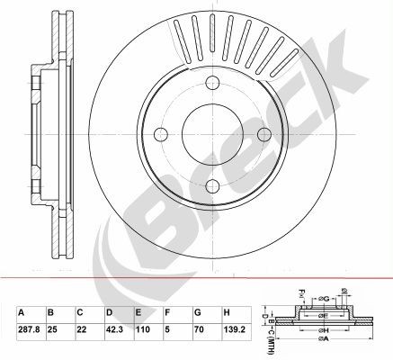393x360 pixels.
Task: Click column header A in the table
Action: point(21,313)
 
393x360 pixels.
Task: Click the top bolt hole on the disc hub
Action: point(213,84)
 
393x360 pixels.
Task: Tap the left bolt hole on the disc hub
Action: point(162,134)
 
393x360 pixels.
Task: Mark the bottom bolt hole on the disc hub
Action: point(213,185)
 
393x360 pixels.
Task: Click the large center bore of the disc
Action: point(213,134)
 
